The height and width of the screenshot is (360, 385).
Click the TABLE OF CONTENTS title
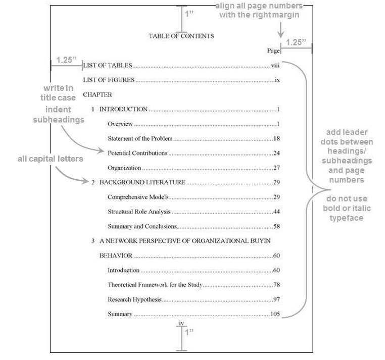pyautogui.click(x=181, y=36)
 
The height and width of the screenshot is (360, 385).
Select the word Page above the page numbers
pyautogui.click(x=273, y=50)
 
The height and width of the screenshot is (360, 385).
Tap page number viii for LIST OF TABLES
pyautogui.click(x=275, y=66)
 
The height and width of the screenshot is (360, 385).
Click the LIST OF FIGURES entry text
pyautogui.click(x=109, y=80)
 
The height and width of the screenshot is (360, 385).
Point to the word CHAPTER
pyautogui.click(x=98, y=95)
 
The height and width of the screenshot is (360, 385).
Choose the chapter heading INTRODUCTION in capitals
pyautogui.click(x=123, y=109)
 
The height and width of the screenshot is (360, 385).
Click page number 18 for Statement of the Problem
pyautogui.click(x=277, y=138)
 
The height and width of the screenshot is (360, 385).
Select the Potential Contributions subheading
pyautogui.click(x=137, y=153)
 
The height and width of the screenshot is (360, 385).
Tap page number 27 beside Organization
pyautogui.click(x=277, y=168)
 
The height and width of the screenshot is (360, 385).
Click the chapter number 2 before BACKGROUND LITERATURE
pyautogui.click(x=93, y=182)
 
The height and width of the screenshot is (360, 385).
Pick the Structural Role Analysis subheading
pyautogui.click(x=139, y=212)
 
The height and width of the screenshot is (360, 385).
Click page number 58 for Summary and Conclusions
pyautogui.click(x=277, y=226)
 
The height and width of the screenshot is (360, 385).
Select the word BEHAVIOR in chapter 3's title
pyautogui.click(x=116, y=255)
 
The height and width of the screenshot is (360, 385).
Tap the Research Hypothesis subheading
pyautogui.click(x=134, y=299)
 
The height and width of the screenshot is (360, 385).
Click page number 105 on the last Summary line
pyautogui.click(x=275, y=314)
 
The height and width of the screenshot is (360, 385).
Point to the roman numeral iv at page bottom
pyautogui.click(x=181, y=324)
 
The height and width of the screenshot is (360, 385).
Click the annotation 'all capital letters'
pyautogui.click(x=51, y=159)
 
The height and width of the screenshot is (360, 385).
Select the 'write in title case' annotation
pyautogui.click(x=58, y=93)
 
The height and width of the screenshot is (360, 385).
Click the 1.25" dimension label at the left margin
pyautogui.click(x=66, y=60)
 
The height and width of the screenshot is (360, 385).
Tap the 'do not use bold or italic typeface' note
pyautogui.click(x=347, y=209)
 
